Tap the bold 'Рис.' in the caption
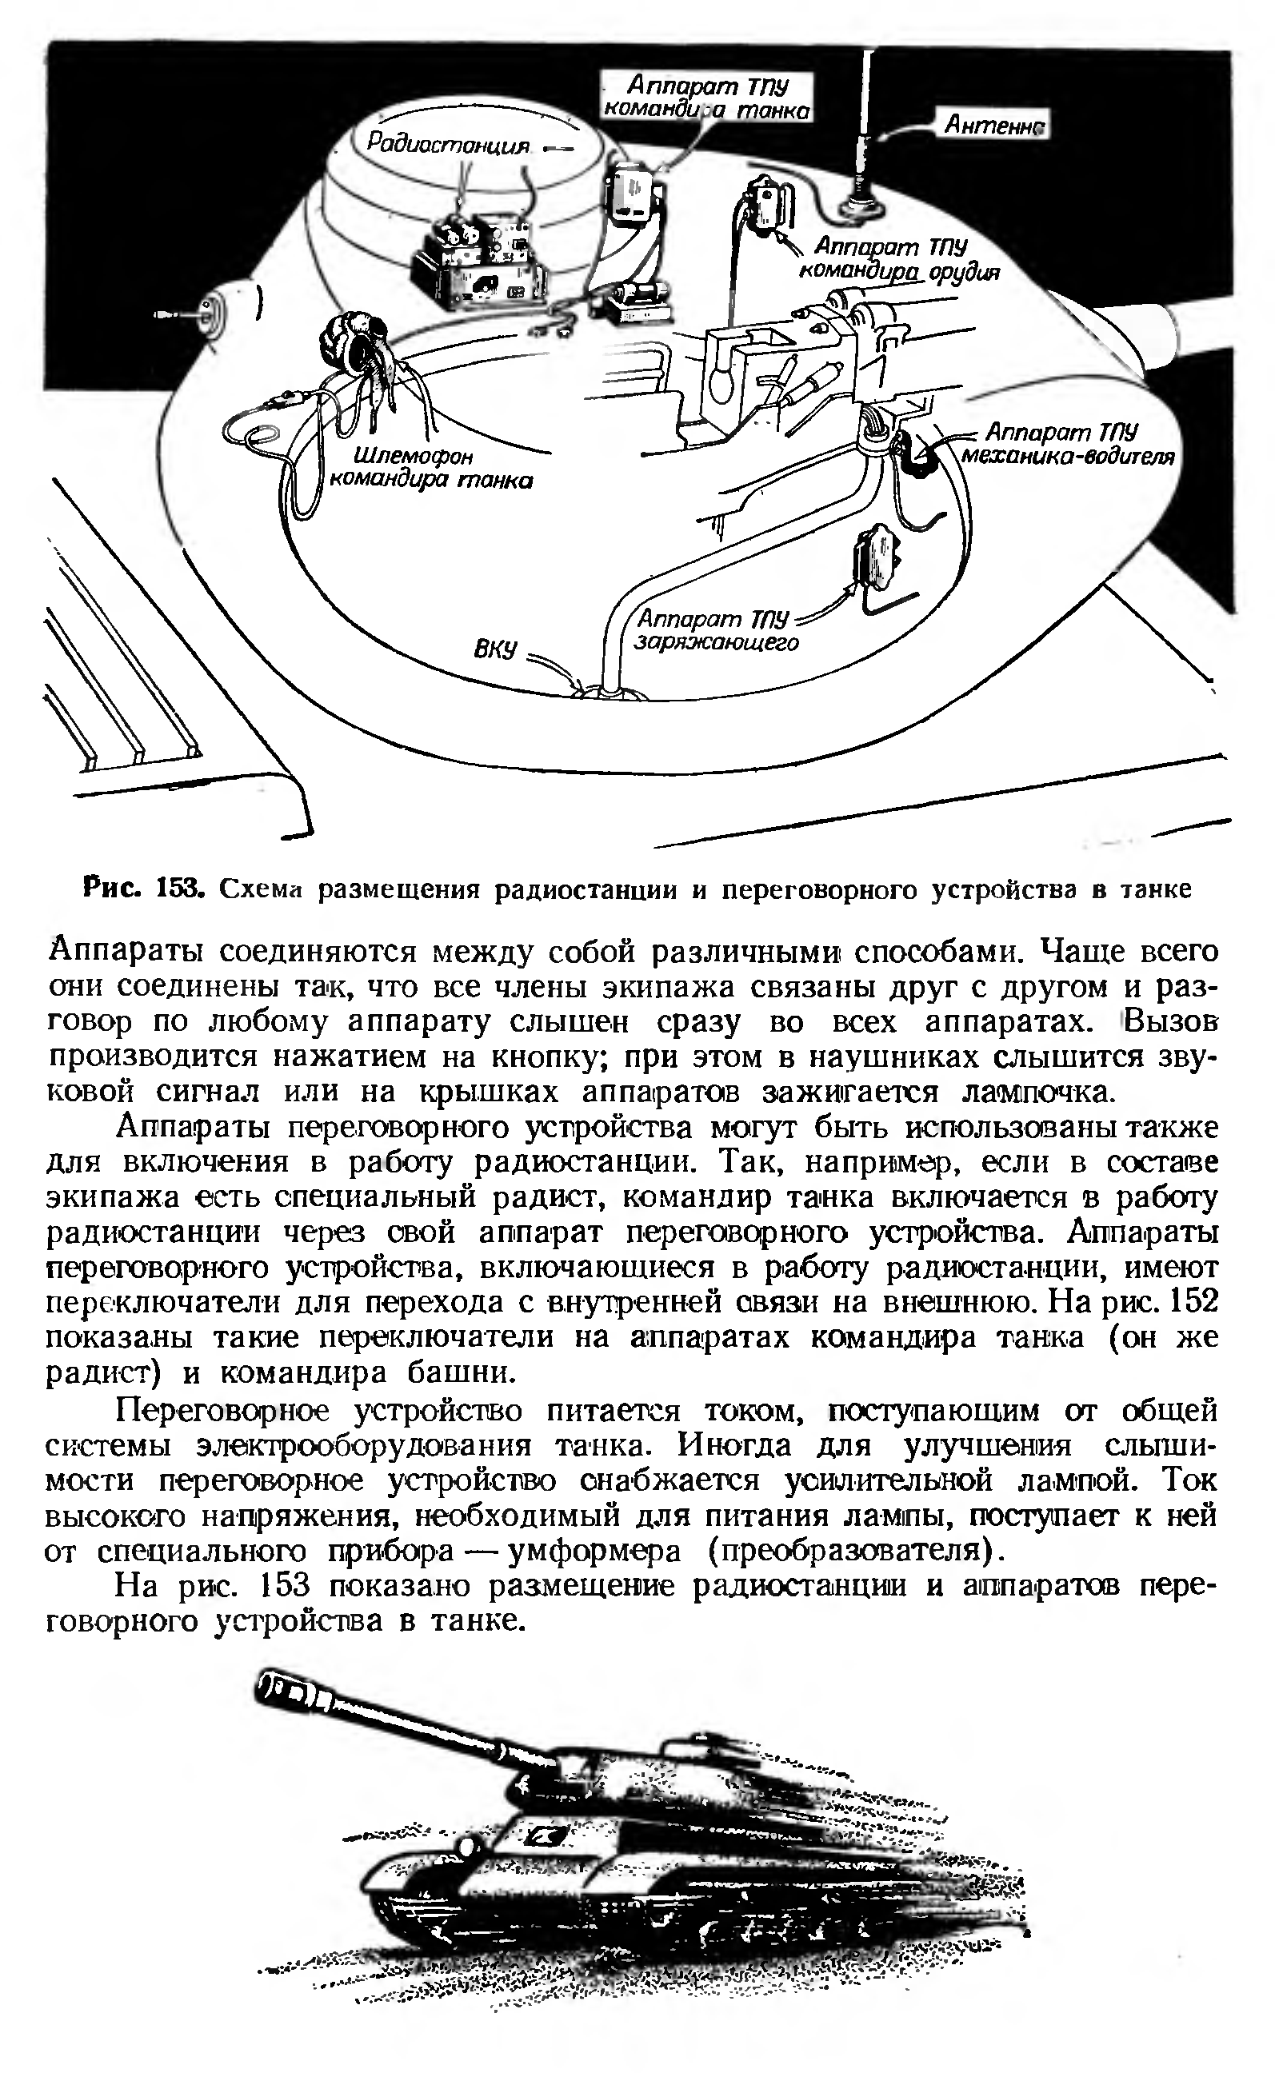click(x=112, y=889)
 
